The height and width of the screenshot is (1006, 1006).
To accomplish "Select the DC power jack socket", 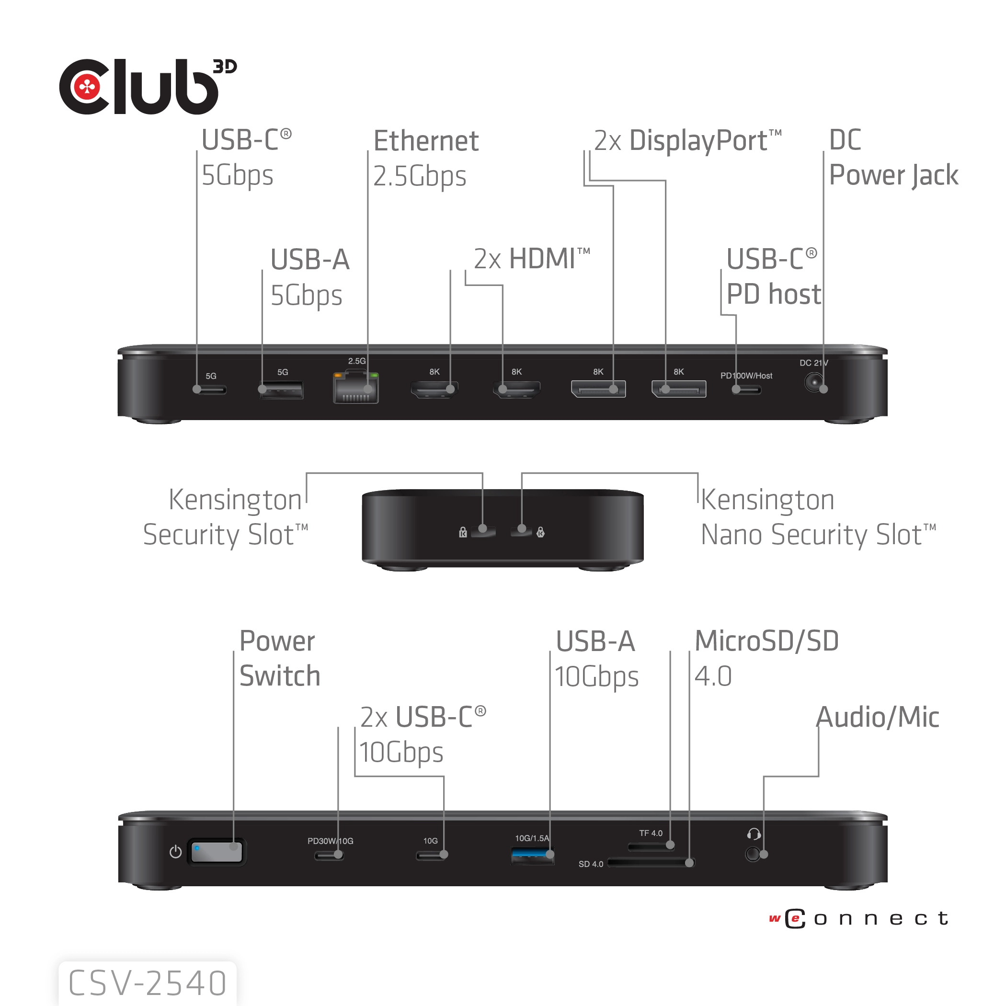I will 813,383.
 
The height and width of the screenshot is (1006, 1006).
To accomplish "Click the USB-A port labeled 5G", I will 281,390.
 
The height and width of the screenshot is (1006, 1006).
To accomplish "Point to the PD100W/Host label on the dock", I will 746,376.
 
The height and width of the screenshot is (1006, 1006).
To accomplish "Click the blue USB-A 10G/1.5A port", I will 532,856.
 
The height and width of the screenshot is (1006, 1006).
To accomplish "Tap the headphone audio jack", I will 753,855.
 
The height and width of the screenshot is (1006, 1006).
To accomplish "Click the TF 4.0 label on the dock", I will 651,833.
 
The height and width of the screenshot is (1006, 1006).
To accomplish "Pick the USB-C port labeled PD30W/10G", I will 328,856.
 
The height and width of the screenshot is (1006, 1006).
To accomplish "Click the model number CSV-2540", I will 148,983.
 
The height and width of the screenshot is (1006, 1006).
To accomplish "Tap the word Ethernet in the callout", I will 426,141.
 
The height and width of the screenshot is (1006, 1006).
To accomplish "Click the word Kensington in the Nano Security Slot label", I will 767,500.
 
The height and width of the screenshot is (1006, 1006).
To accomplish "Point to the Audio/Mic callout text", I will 878,717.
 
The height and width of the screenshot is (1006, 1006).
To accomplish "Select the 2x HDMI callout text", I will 531,259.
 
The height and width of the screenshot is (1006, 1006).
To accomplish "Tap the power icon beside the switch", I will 175,852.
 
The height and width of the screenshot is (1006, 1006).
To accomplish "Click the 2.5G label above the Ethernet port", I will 357,361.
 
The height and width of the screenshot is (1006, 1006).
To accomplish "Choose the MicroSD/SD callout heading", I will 766,641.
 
